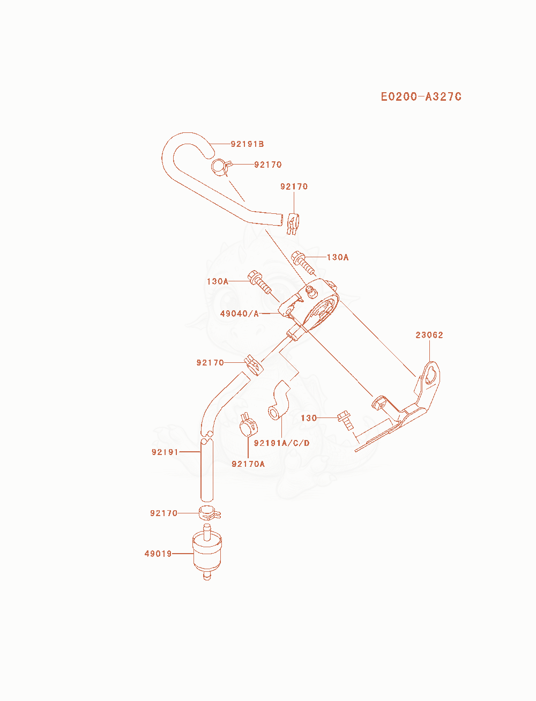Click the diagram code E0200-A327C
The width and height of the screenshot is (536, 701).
(421, 97)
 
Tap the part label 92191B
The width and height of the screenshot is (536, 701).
(247, 144)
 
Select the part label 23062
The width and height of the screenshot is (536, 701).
(429, 335)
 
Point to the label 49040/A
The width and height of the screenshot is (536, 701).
(239, 314)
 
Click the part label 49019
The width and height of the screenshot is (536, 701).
(158, 554)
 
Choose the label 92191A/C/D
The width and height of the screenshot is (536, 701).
(281, 443)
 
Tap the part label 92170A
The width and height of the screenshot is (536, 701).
(248, 464)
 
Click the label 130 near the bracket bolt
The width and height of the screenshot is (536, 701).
(309, 418)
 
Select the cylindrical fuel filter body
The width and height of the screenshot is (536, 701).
(207, 555)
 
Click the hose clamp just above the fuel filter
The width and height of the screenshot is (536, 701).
(209, 513)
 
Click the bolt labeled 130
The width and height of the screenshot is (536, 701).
(345, 421)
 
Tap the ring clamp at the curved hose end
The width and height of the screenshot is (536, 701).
(220, 167)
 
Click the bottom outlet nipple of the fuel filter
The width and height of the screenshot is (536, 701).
(207, 577)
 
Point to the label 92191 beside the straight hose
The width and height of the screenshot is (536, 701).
(165, 452)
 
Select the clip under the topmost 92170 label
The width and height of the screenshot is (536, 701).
(293, 223)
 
